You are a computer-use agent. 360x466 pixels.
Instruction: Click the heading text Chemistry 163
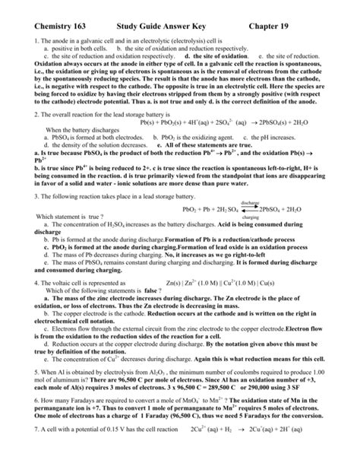click(51, 16)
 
